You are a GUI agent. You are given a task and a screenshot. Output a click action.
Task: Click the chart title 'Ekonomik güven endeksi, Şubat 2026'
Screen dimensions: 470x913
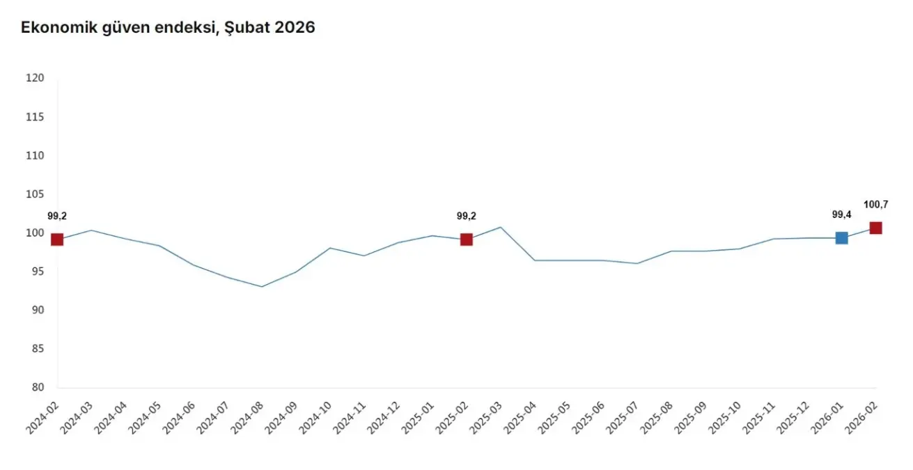168,28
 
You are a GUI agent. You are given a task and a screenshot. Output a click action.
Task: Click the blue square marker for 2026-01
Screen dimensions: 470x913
841,238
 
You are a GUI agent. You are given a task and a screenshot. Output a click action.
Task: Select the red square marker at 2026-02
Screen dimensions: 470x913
875,228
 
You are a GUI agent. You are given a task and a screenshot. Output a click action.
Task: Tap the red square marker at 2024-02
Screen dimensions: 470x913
57,240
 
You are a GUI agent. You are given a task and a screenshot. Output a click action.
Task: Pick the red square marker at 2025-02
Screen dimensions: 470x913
467,240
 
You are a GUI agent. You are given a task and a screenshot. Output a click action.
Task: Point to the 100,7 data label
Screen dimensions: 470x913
875,205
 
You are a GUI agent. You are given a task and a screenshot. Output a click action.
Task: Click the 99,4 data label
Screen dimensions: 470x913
842,214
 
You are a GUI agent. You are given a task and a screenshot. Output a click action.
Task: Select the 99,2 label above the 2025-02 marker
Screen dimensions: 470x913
467,217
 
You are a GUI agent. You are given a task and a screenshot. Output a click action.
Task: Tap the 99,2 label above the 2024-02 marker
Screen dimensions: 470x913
57,217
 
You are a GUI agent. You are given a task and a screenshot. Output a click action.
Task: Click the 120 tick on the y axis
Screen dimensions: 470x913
35,79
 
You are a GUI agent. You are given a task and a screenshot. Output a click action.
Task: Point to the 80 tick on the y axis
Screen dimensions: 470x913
38,388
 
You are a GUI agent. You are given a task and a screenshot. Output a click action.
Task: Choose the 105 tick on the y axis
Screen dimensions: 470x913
35,194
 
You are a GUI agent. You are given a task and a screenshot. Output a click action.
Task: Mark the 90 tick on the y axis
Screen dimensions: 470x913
38,311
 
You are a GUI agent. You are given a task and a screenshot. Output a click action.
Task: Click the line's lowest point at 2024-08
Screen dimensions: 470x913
262,286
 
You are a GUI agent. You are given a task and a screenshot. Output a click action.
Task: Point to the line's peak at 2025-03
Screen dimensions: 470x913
501,227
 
